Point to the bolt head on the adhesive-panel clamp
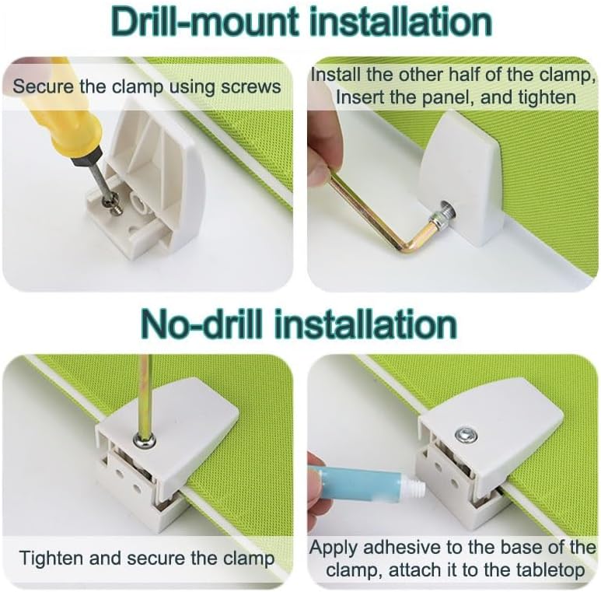(465, 434)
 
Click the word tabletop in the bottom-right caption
(549, 570)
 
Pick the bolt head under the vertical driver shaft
(145, 440)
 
